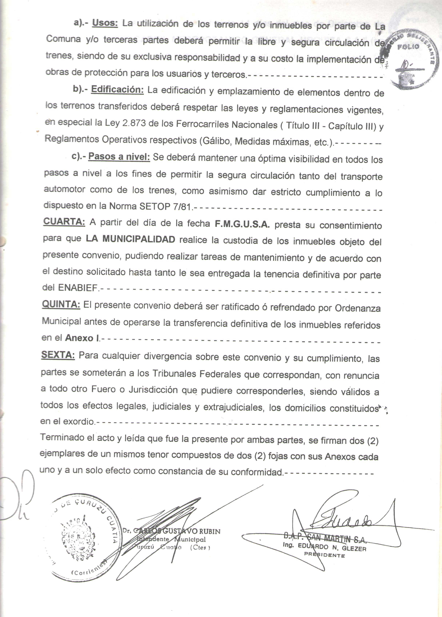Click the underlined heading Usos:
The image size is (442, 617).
(105, 23)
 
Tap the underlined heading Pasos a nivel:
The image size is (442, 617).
(119, 157)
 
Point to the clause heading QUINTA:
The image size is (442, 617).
(61, 304)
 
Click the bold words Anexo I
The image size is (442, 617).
(82, 338)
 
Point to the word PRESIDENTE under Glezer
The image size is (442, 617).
(324, 555)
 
